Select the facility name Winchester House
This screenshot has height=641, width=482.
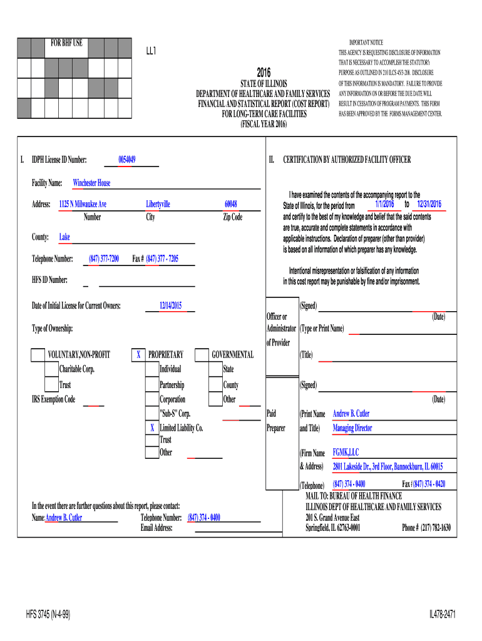(91, 183)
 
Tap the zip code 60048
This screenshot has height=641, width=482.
(230, 204)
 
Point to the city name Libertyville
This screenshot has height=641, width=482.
(158, 204)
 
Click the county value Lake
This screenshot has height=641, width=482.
(64, 237)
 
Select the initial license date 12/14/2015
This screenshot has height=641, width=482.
(170, 305)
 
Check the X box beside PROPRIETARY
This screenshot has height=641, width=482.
(138, 355)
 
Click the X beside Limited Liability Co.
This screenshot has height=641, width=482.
(151, 428)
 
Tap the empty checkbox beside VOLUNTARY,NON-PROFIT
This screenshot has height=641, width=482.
(38, 355)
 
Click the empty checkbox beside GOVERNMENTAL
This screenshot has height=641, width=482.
(201, 355)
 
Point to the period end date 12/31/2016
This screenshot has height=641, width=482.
(429, 205)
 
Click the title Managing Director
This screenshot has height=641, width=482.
(352, 428)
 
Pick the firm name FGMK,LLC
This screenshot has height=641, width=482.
(346, 452)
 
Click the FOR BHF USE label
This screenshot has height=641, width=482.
(66, 43)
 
